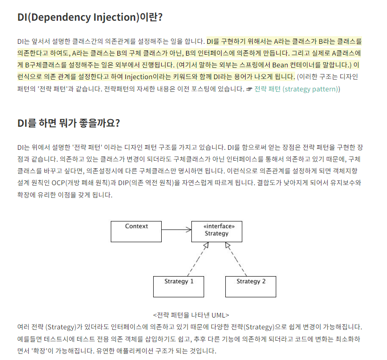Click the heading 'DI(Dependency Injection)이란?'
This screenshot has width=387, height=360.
point(90,17)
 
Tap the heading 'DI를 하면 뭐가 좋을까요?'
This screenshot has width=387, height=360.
point(69,123)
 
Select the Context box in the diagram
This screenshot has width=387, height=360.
point(136,231)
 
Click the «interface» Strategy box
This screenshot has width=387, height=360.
point(216,231)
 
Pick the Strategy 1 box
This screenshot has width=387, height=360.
point(179,286)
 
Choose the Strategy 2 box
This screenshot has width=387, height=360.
point(251,286)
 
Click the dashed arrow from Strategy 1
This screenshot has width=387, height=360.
point(197,260)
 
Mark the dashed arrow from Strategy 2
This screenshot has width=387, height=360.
point(237,260)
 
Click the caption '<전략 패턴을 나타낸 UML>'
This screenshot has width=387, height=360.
point(191,315)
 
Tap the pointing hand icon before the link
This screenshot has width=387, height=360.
point(249,89)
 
